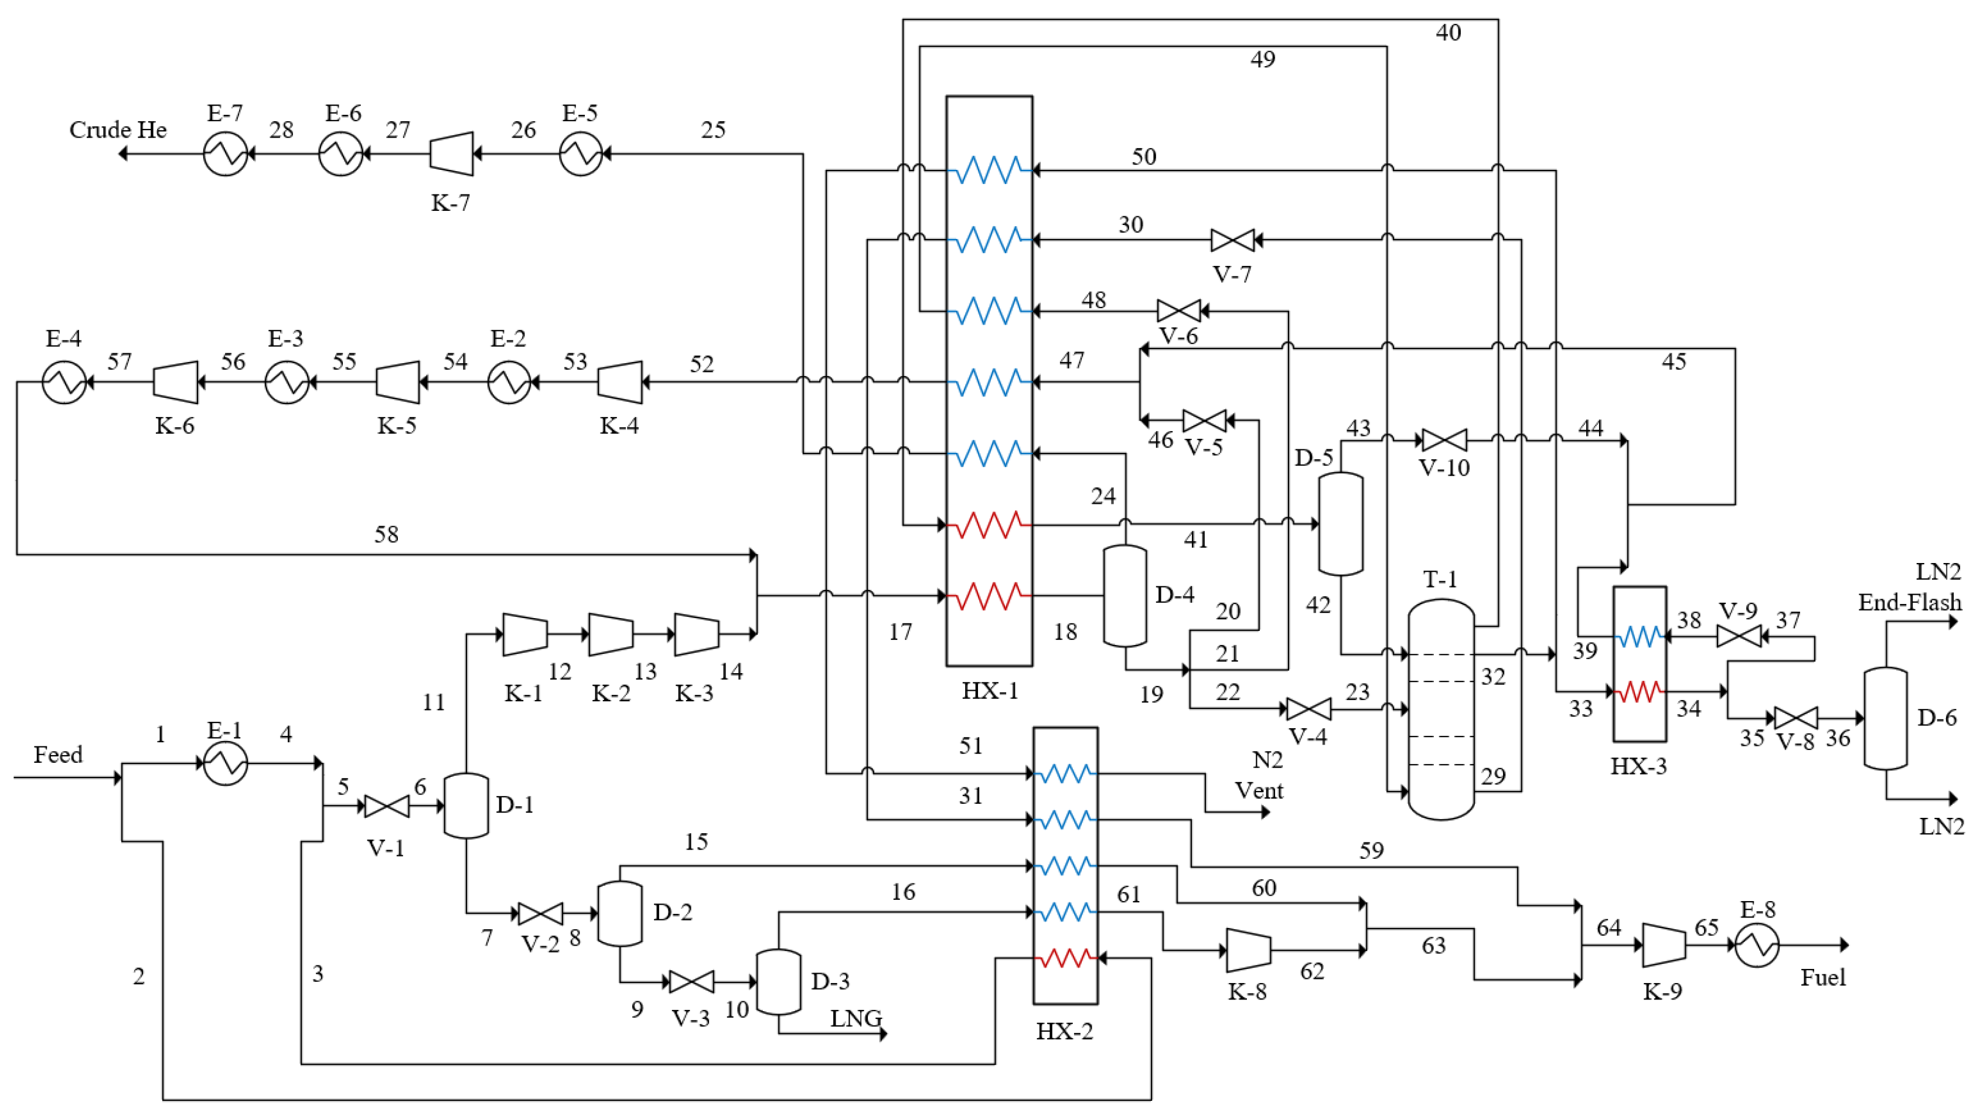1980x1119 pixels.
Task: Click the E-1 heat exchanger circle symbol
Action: (x=225, y=763)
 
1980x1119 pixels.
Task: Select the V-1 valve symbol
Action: (x=387, y=806)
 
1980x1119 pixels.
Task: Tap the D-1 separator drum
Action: (x=466, y=806)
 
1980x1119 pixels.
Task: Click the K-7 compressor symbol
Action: (x=451, y=153)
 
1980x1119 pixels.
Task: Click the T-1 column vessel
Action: (x=1440, y=708)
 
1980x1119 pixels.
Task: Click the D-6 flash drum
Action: (x=1886, y=718)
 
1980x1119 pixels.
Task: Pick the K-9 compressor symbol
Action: (x=1664, y=946)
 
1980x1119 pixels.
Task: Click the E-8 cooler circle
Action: (x=1757, y=946)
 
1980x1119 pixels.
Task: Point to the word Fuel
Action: (x=1822, y=978)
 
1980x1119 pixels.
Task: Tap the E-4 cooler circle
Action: (x=64, y=382)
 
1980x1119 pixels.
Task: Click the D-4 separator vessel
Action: (x=1124, y=596)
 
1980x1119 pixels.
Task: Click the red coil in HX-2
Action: (x=1065, y=958)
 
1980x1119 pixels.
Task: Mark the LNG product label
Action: (x=856, y=1018)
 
